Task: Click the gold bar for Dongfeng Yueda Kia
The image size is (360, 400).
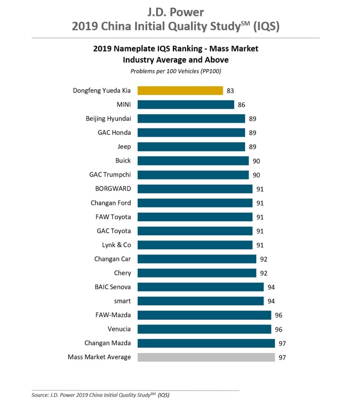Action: (x=180, y=91)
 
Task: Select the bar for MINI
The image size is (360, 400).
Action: (x=186, y=105)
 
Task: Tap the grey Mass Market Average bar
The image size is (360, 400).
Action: (x=206, y=357)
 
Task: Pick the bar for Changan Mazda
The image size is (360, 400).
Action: (x=206, y=343)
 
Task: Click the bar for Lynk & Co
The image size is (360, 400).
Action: (x=195, y=245)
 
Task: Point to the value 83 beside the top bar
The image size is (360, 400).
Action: (x=230, y=91)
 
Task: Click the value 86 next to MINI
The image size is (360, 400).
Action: (x=241, y=105)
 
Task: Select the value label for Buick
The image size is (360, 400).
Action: (x=256, y=161)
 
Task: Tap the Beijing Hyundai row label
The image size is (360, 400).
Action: (x=108, y=118)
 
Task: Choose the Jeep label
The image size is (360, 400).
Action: (x=124, y=146)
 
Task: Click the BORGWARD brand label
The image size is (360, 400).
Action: (x=113, y=188)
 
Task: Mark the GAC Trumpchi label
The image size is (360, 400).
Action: (x=110, y=174)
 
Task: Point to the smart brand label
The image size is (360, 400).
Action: (x=122, y=301)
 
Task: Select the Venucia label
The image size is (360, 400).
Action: (x=119, y=329)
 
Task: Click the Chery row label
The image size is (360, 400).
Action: (x=122, y=273)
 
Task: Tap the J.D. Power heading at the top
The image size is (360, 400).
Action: (x=176, y=13)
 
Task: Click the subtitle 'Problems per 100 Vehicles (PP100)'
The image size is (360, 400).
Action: (x=176, y=71)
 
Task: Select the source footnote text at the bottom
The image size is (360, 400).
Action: (x=100, y=395)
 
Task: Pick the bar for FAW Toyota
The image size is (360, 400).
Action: (x=195, y=217)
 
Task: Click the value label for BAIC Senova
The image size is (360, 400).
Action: (x=271, y=287)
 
